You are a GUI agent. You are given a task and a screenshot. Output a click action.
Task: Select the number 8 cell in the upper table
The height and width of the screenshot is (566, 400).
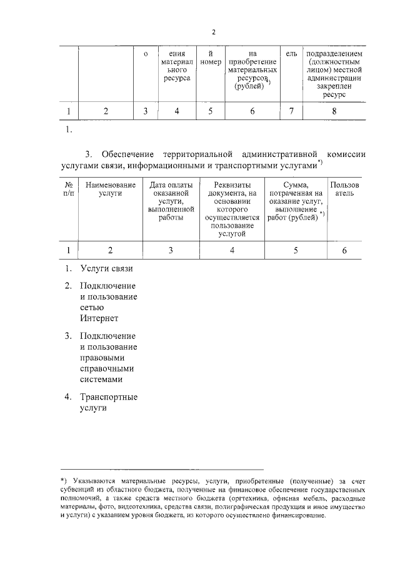pos(334,111)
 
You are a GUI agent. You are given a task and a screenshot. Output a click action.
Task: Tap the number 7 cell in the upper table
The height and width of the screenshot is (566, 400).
pos(291,111)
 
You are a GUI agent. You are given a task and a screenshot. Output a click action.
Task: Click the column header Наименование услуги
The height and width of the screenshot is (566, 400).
pos(110,190)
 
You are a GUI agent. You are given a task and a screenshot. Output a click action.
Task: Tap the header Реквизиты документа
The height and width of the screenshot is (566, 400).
pos(232,209)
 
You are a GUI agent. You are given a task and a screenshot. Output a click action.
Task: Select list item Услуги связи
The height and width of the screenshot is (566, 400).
pos(106,269)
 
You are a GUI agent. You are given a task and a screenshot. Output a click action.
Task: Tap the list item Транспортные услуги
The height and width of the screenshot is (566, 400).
pos(108,403)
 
